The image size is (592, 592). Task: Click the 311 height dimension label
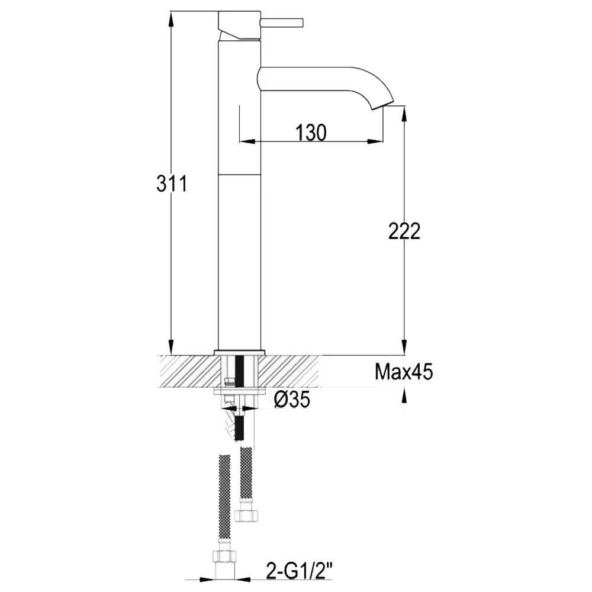point(172,184)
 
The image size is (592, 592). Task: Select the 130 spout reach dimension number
point(311,133)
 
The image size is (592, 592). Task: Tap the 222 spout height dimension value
point(404,231)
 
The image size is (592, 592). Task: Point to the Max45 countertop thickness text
point(404,372)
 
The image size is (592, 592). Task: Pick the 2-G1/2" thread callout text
point(300,571)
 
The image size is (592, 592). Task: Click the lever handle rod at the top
point(282,22)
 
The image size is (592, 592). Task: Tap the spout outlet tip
point(383,106)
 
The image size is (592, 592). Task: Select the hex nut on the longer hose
point(224,556)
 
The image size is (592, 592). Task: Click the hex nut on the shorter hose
point(246,515)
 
